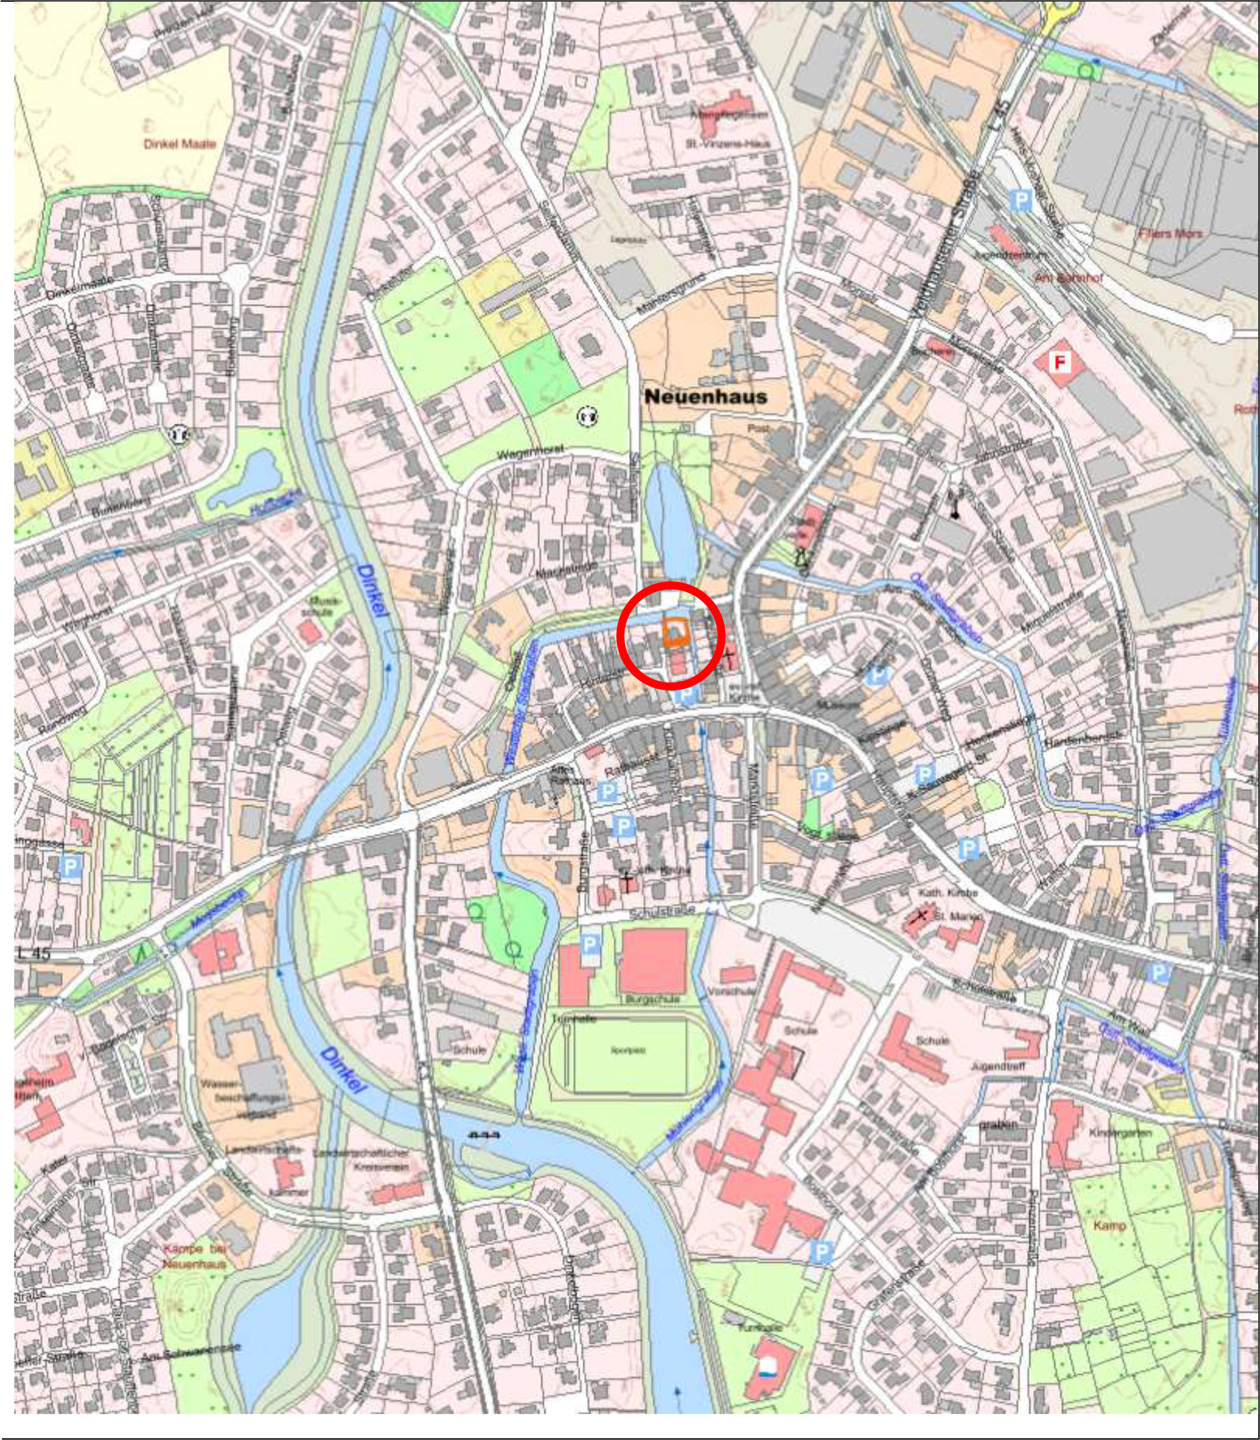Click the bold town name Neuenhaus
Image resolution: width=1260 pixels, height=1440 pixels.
[706, 397]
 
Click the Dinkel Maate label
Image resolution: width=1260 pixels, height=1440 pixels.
[180, 144]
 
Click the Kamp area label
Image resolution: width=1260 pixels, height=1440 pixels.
[1110, 1225]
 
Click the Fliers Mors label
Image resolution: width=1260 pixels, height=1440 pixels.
[1170, 234]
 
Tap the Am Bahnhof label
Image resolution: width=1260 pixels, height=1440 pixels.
[1068, 279]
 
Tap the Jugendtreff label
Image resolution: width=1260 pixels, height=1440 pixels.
[998, 1067]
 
